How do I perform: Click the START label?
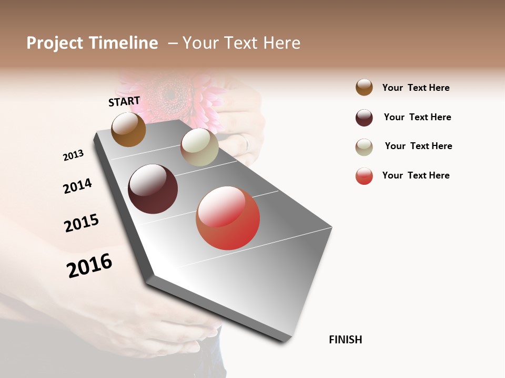pyautogui.click(x=124, y=101)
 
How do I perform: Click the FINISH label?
pyautogui.click(x=345, y=340)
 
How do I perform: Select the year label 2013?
pyautogui.click(x=73, y=155)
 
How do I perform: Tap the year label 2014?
pyautogui.click(x=77, y=186)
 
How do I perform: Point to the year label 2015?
pyautogui.click(x=82, y=223)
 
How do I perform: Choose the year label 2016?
pyautogui.click(x=89, y=265)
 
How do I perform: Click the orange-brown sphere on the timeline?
pyautogui.click(x=128, y=130)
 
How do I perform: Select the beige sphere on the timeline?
pyautogui.click(x=199, y=147)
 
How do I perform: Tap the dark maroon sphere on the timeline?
pyautogui.click(x=153, y=189)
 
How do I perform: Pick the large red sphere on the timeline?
pyautogui.click(x=228, y=218)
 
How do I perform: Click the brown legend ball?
pyautogui.click(x=364, y=87)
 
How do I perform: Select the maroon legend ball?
pyautogui.click(x=364, y=118)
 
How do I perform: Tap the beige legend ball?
pyautogui.click(x=364, y=147)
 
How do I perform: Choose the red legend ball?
pyautogui.click(x=364, y=176)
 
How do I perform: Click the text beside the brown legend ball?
pyautogui.click(x=416, y=88)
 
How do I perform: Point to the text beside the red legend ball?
pyautogui.click(x=416, y=175)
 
